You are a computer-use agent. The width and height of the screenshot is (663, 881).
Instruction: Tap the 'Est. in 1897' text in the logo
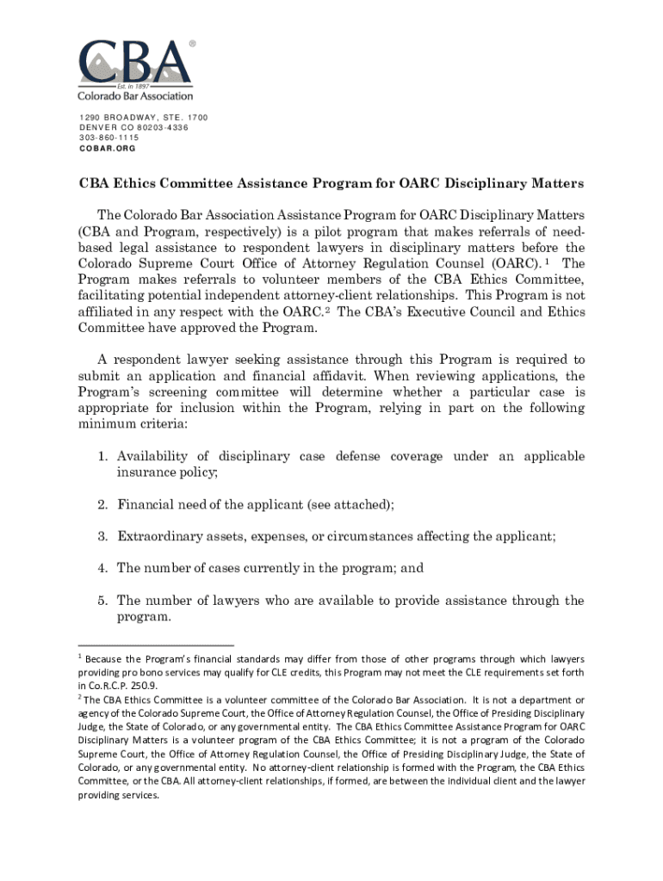(x=135, y=86)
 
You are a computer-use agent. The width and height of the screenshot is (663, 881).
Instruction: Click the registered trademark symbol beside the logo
(x=191, y=42)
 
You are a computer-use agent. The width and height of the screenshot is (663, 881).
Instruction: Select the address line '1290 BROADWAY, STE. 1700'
(x=144, y=118)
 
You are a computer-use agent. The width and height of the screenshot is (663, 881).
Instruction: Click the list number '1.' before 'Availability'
(x=102, y=456)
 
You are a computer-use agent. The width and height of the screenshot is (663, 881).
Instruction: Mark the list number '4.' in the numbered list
(x=102, y=569)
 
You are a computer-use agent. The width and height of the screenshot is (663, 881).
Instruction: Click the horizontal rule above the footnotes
(x=156, y=645)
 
